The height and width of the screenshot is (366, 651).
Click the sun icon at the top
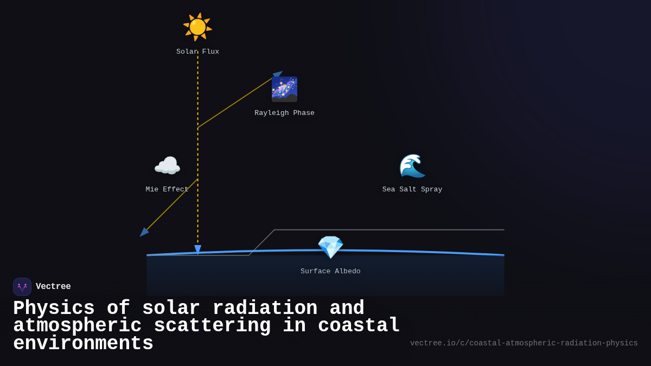197,27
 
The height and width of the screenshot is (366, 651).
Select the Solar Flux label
197,52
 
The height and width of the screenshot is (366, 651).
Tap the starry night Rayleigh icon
284,89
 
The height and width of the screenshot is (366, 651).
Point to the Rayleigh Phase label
284,113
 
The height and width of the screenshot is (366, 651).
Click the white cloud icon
167,166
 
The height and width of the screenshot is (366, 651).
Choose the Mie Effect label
167,190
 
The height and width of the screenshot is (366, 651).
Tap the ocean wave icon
412,166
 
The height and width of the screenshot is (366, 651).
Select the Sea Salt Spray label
412,190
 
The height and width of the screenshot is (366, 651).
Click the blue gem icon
330,247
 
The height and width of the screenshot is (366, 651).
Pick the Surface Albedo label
330,272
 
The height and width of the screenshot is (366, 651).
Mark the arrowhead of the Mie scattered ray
144,232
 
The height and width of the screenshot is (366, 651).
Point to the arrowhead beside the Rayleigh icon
278,74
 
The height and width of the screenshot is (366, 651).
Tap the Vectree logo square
22,287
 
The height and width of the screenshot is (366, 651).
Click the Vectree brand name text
53,287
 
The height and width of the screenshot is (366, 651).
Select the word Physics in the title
54,309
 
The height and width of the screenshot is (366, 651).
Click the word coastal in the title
359,326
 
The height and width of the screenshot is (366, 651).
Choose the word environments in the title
83,344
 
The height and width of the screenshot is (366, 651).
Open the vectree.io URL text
524,343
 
